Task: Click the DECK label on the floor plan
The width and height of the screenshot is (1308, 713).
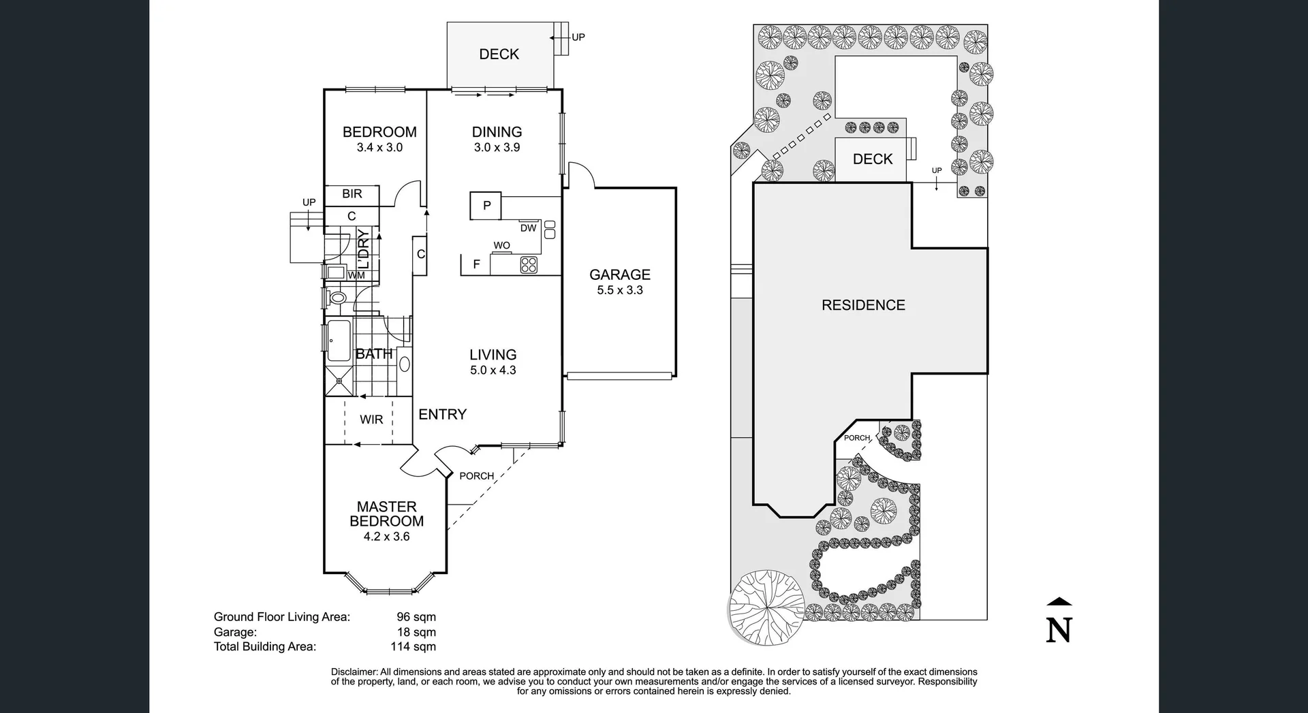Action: pos(499,54)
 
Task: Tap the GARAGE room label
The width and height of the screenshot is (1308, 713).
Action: pos(619,274)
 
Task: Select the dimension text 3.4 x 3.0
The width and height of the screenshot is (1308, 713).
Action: pos(379,148)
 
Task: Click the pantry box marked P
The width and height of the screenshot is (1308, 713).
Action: pos(486,206)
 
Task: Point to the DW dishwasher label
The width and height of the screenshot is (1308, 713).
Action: pos(528,228)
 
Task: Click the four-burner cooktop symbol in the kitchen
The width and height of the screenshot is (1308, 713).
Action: pos(529,265)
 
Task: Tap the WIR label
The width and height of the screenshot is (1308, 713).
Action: pos(371,419)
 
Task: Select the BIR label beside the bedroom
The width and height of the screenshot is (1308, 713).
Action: pos(352,194)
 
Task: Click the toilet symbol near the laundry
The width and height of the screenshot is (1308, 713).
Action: pos(337,298)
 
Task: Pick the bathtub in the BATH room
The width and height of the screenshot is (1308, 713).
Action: pos(339,340)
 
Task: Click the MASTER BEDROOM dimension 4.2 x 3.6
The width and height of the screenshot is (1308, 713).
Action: pos(386,537)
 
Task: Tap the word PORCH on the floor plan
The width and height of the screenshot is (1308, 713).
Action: pos(476,476)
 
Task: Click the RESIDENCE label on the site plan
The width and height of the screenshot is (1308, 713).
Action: pos(862,305)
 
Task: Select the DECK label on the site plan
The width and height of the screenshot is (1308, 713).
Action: pos(872,159)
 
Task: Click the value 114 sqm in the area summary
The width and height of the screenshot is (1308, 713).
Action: pos(413,647)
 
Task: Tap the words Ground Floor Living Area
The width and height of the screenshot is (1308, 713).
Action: pos(281,617)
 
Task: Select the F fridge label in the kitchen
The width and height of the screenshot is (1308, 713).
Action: pos(476,264)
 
